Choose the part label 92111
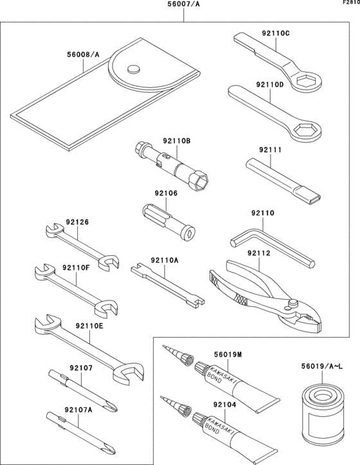[x=271, y=150]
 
